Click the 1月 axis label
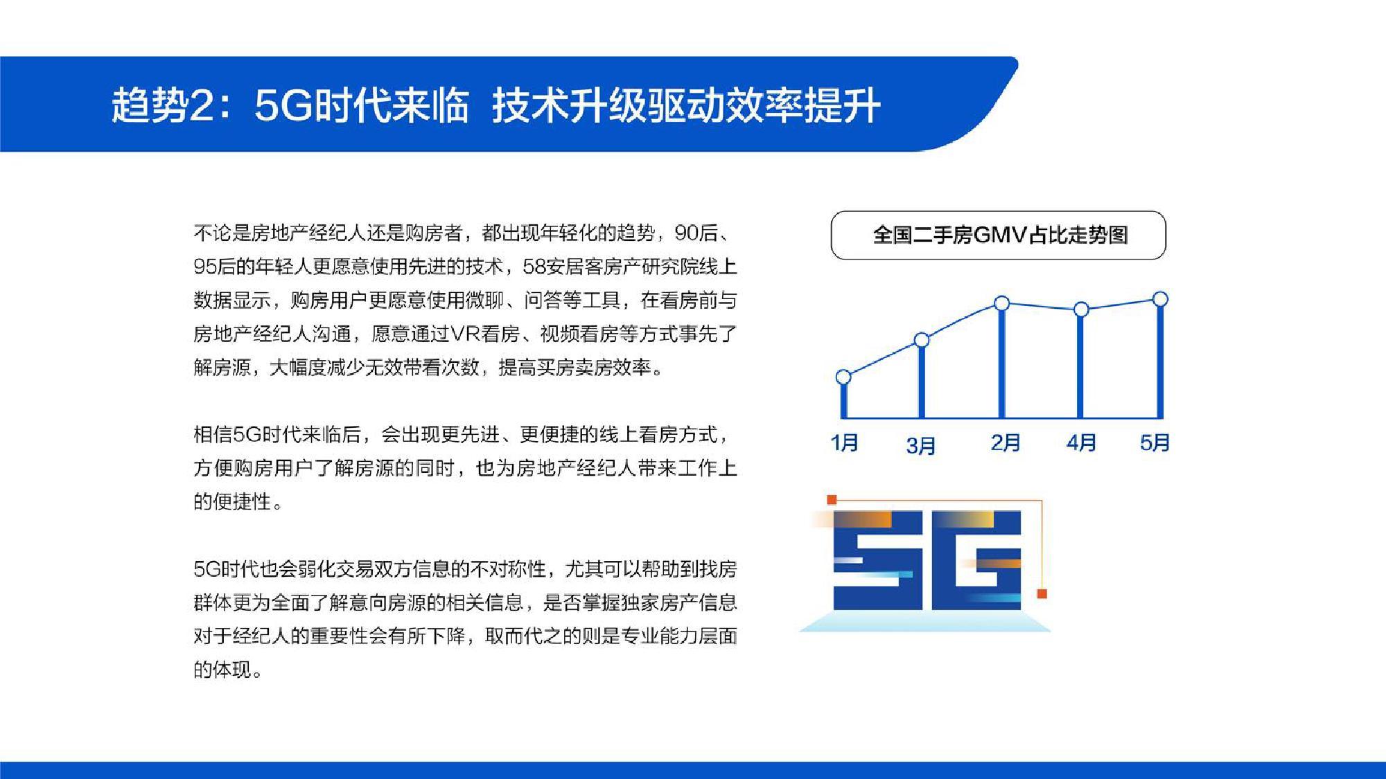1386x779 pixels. point(844,442)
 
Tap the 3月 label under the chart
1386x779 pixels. point(921,446)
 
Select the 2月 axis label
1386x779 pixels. point(1006,442)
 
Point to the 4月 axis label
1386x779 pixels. point(1081,442)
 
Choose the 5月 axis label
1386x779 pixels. point(1155,442)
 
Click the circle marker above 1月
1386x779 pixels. point(843,377)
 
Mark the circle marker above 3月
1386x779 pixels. point(922,340)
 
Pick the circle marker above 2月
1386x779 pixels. point(1002,303)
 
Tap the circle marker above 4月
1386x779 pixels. point(1081,310)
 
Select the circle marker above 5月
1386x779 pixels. point(1160,299)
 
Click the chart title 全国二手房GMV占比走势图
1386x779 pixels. point(1000,235)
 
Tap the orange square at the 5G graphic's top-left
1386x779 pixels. point(832,500)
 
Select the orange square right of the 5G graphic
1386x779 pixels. point(1042,594)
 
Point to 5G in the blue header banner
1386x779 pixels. point(283,106)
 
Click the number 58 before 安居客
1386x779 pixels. point(534,267)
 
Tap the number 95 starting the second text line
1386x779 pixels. point(204,267)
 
